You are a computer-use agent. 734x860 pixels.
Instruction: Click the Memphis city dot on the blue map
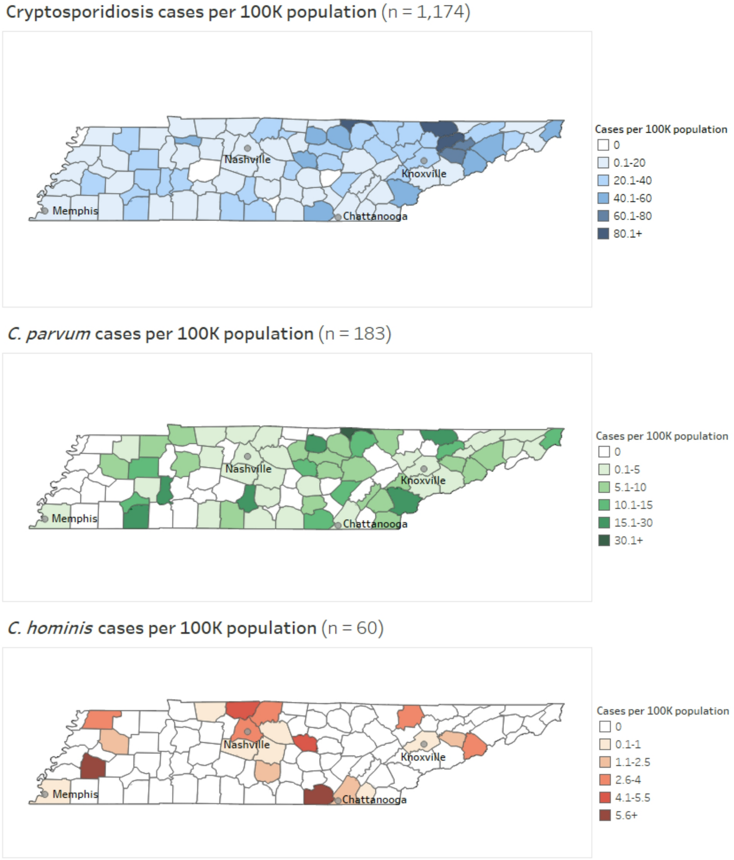tap(45, 211)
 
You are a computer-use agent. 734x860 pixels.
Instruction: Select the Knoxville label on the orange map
tap(423, 757)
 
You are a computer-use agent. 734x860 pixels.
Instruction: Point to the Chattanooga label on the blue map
tap(375, 216)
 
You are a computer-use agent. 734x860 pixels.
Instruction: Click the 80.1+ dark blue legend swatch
tap(603, 234)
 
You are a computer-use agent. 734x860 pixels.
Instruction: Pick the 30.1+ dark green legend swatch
tap(604, 540)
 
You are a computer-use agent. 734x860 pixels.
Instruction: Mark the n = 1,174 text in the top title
tap(426, 12)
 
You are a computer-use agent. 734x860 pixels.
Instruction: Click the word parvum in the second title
tap(58, 334)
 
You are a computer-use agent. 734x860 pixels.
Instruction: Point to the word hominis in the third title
tap(60, 628)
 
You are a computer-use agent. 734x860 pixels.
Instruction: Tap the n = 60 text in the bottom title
tap(352, 628)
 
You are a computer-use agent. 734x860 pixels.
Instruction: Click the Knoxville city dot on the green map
tap(424, 469)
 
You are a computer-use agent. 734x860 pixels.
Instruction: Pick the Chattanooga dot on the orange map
tap(338, 801)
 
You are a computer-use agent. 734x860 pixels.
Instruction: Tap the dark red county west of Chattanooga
tap(318, 795)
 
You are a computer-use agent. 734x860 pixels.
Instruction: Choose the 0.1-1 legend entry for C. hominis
tap(627, 745)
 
